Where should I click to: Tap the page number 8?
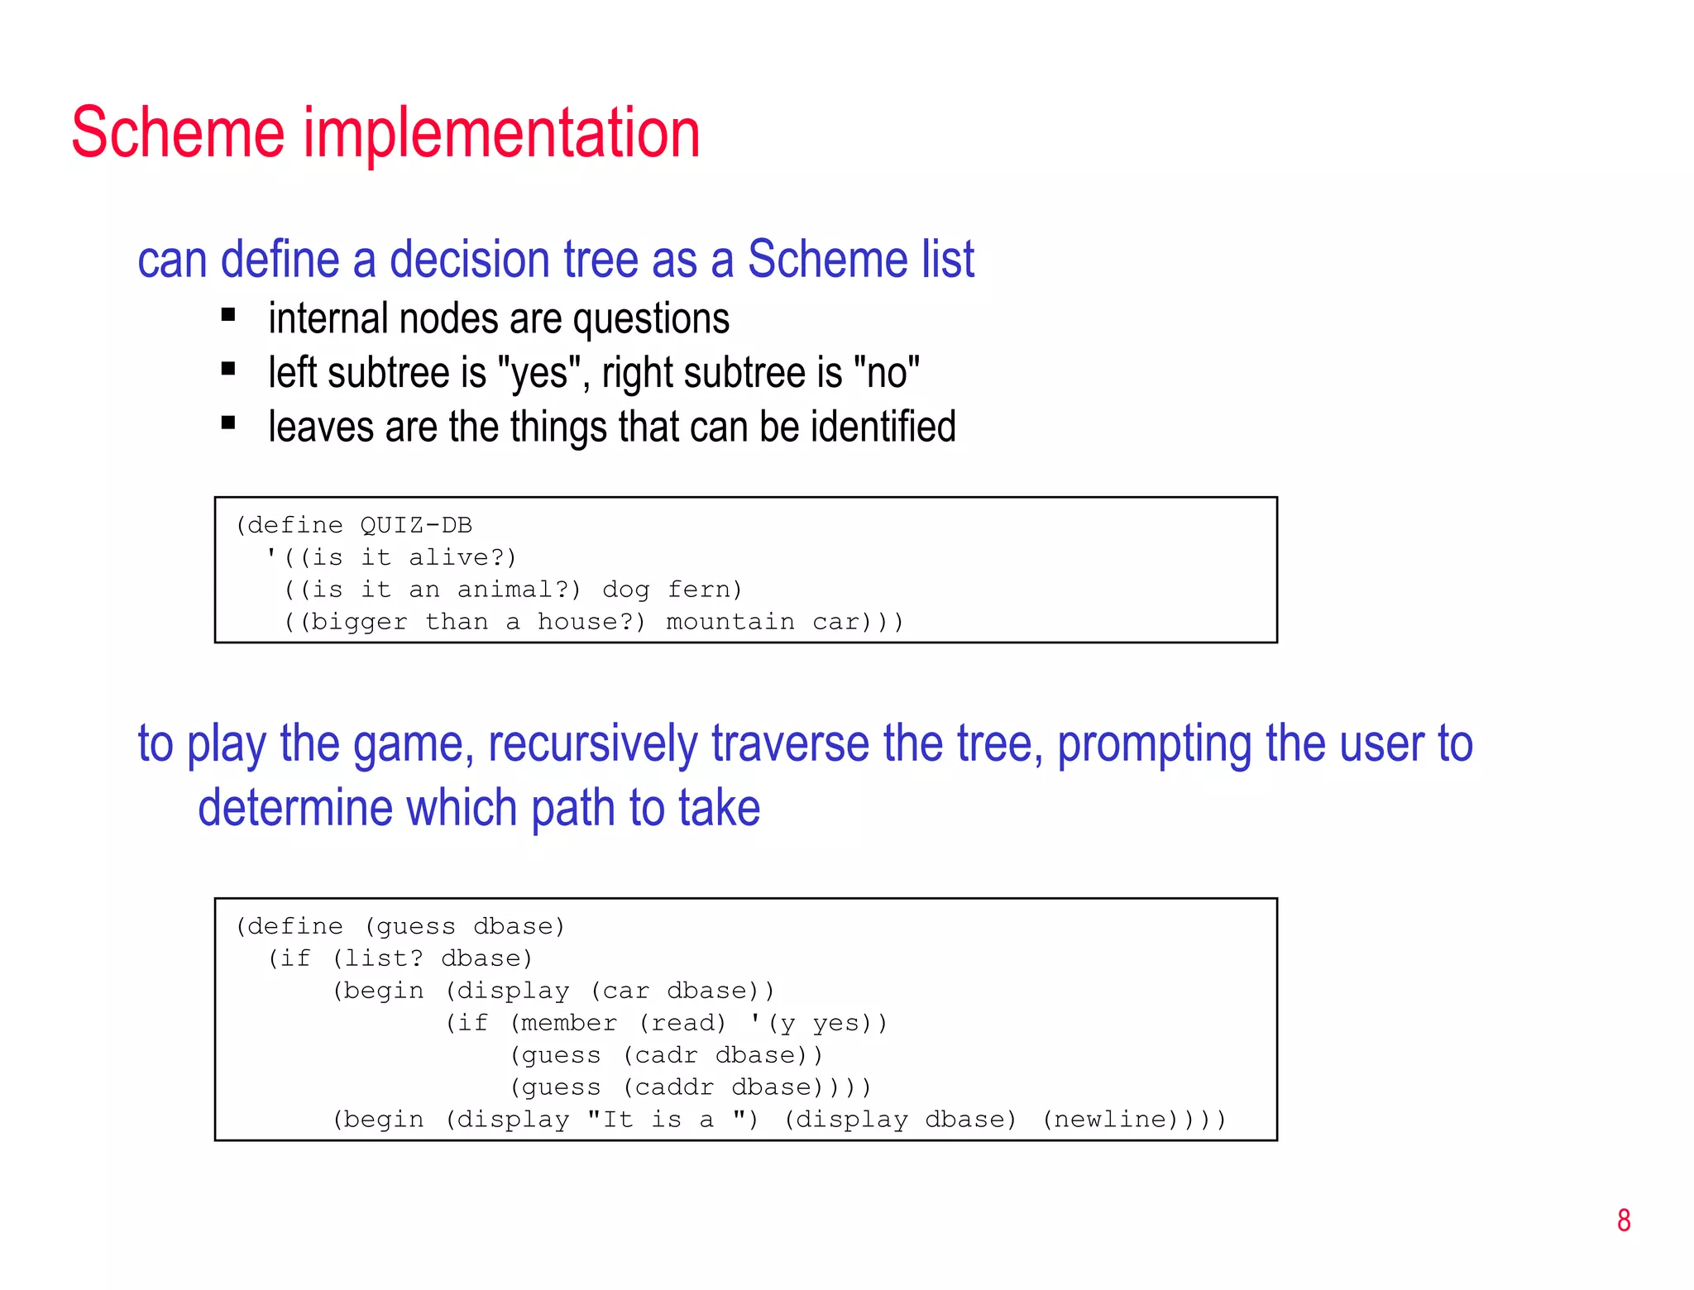[1623, 1221]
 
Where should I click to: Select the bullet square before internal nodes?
[229, 315]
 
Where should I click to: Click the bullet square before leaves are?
[229, 423]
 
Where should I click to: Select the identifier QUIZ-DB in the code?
[416, 525]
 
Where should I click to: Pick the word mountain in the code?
[730, 622]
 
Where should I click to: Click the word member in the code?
[569, 1023]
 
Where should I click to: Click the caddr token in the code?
[674, 1087]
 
